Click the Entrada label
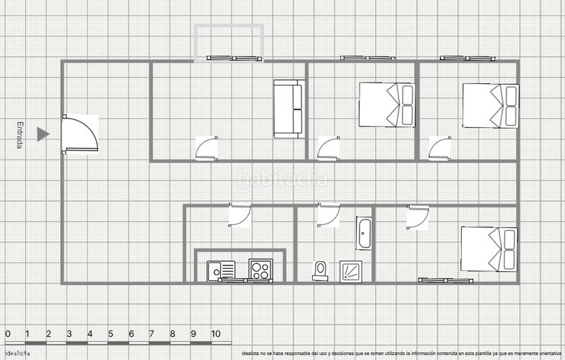click(20, 135)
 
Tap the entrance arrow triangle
click(43, 134)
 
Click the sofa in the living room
click(288, 109)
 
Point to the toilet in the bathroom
click(321, 270)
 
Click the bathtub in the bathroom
click(364, 234)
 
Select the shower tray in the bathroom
click(351, 271)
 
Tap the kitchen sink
click(222, 270)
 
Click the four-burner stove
click(261, 270)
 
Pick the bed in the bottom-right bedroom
click(489, 248)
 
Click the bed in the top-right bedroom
click(490, 105)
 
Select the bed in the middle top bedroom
click(387, 104)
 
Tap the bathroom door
click(328, 215)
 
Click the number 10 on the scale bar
click(216, 334)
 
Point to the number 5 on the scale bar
click(110, 334)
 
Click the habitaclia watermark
click(282, 179)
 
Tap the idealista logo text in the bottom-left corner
click(18, 352)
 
